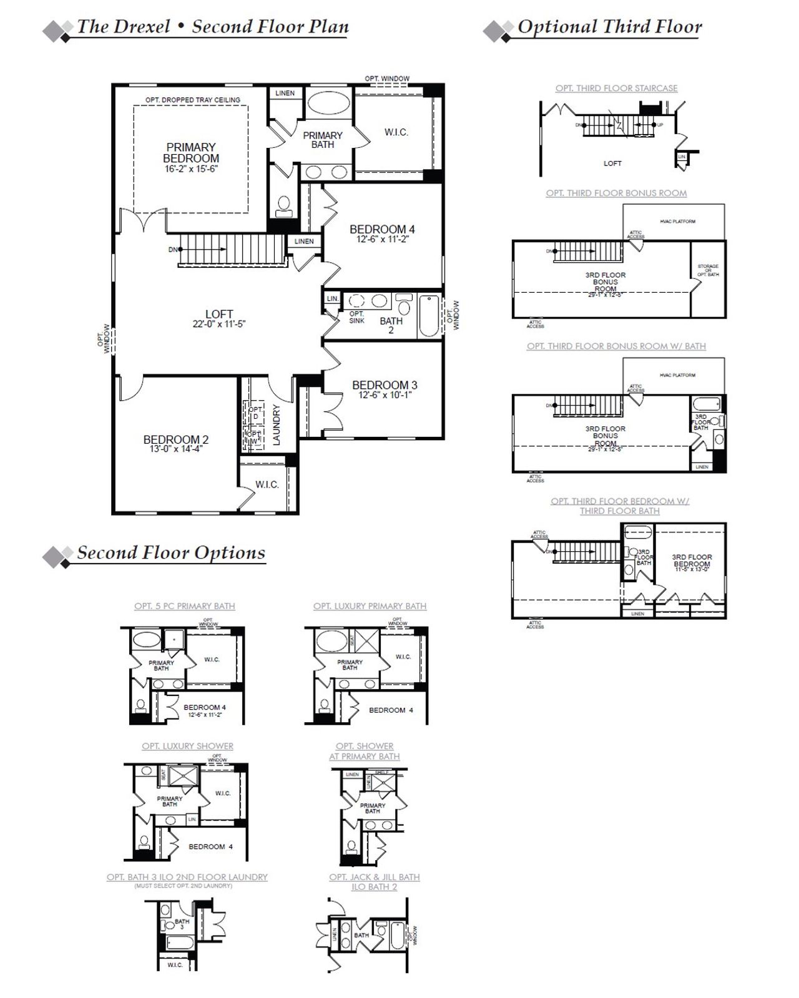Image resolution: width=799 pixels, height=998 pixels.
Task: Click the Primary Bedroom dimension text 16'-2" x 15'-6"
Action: click(191, 169)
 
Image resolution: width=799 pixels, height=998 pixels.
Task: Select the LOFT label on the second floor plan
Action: click(219, 314)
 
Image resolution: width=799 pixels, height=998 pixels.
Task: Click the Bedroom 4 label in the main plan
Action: click(382, 229)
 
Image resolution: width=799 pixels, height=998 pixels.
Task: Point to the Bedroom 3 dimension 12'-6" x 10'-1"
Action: click(385, 395)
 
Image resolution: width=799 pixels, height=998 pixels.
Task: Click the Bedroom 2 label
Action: click(176, 439)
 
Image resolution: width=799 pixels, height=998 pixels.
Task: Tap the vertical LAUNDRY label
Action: click(277, 425)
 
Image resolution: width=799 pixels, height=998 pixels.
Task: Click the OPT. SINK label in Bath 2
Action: click(356, 317)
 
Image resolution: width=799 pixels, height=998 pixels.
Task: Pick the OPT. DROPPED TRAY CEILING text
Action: click(192, 100)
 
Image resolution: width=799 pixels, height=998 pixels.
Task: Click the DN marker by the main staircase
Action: click(174, 250)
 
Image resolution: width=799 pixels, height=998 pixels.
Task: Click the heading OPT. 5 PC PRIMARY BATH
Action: click(185, 606)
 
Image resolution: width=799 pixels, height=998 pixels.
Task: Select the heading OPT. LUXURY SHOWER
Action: click(187, 746)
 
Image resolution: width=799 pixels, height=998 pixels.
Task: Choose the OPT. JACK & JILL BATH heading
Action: click(375, 877)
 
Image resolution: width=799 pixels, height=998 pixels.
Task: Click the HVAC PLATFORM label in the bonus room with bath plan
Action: click(677, 375)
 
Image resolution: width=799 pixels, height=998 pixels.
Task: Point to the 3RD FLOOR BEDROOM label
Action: click(692, 560)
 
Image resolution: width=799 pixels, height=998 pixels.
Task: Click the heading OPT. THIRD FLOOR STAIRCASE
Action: click(616, 89)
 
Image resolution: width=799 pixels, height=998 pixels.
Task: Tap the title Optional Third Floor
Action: click(609, 27)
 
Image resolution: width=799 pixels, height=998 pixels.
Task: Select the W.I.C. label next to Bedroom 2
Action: click(267, 485)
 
